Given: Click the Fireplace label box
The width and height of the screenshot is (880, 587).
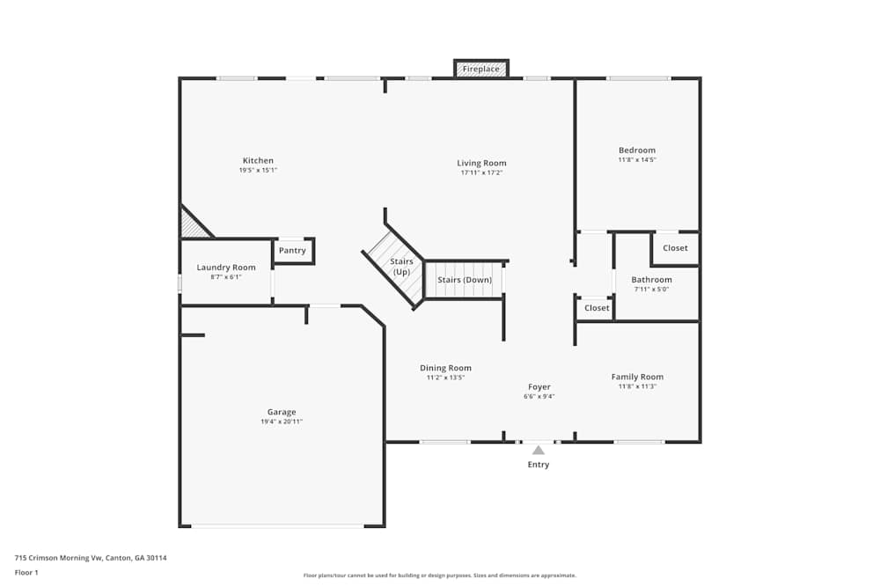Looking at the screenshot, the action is tap(481, 69).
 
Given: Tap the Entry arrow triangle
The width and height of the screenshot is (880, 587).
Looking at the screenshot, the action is tap(539, 450).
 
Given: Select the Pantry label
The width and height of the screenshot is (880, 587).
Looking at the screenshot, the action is tap(292, 250).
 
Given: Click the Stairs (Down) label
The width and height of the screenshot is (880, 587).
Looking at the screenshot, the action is tap(465, 280).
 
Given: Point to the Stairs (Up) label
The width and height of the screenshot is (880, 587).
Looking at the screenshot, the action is tap(401, 267).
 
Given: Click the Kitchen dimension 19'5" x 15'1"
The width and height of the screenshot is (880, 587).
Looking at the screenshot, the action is tap(258, 170).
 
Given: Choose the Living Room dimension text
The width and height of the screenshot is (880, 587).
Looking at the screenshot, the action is tap(481, 172).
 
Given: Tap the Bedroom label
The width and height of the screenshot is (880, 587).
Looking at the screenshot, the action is tap(637, 150).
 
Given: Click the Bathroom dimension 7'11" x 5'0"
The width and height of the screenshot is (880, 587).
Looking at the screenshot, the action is tap(651, 289).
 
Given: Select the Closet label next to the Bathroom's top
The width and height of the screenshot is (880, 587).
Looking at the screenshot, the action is tap(675, 247).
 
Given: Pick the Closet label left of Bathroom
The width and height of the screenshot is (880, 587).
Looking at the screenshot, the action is tap(597, 307).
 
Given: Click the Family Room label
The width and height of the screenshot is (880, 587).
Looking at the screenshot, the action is tap(637, 377).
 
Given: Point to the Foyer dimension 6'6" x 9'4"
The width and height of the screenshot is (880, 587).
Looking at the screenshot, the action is tap(539, 396).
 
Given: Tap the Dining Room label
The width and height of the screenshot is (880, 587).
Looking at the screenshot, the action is tap(445, 368).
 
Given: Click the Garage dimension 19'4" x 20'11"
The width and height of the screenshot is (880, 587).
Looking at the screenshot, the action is tap(282, 422).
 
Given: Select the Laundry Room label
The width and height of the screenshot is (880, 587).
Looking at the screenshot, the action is tap(226, 268).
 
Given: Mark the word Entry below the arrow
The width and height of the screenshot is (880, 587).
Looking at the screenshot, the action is tap(539, 464).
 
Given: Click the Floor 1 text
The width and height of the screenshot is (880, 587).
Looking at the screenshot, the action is tap(26, 572).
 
